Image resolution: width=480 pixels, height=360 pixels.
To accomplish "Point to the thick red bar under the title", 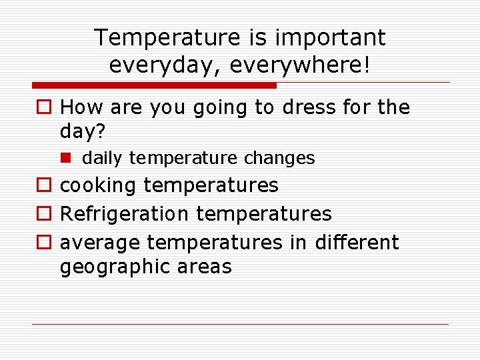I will pyautogui.click(x=154, y=85).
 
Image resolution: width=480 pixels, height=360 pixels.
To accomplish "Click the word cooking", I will pyautogui.click(x=99, y=185).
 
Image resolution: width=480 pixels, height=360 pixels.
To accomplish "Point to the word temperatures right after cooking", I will pyautogui.click(x=211, y=185).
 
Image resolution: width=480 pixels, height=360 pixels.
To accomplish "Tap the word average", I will pyautogui.click(x=100, y=243).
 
